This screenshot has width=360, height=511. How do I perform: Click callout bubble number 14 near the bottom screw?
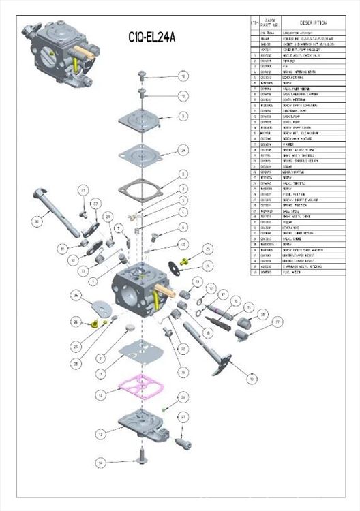point(100,463)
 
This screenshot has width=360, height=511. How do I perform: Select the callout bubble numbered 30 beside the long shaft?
point(37,220)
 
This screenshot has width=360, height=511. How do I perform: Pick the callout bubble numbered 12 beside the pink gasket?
point(100,394)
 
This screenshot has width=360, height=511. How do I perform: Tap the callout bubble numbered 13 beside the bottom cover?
point(100,433)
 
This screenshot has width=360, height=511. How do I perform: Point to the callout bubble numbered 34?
point(77,295)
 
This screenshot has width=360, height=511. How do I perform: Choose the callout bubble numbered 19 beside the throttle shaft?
point(253,377)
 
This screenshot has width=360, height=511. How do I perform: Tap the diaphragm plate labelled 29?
point(140,151)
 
